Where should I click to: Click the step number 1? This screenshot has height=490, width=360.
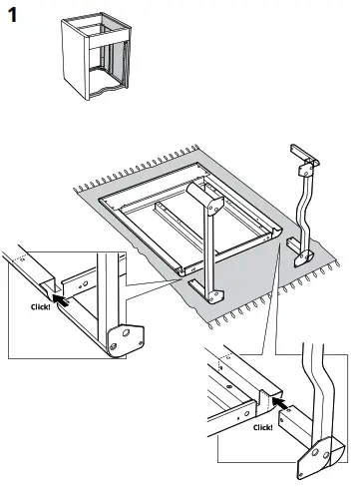[x=12, y=15]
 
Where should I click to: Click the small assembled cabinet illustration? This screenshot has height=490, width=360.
[x=96, y=56]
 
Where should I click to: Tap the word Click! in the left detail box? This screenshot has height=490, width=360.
[x=41, y=306]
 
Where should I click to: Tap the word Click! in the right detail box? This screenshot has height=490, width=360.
[x=263, y=427]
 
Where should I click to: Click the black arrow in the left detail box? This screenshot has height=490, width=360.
[x=61, y=299]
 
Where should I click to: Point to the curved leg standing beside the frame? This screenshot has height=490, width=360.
[x=304, y=207]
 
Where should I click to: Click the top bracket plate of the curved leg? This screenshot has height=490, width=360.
[x=306, y=170]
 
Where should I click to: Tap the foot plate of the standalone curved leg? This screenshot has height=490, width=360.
[x=304, y=258]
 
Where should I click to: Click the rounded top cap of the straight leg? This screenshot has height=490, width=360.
[x=205, y=197]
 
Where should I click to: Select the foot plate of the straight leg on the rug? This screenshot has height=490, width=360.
[x=214, y=296]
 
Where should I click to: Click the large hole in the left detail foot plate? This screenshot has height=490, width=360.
[x=126, y=332]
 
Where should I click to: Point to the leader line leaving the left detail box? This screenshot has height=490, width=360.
[x=152, y=282]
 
